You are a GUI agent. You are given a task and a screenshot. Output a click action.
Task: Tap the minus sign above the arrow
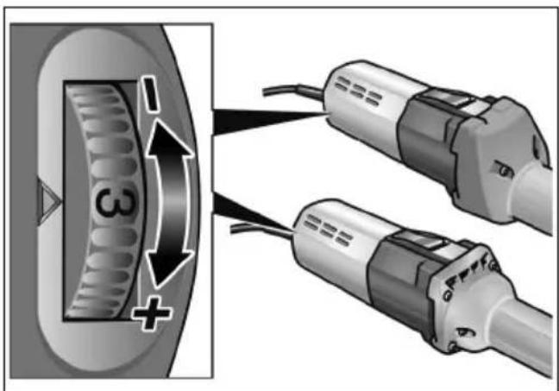click(x=150, y=94)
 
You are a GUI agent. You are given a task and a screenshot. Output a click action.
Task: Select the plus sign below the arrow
click(x=152, y=313)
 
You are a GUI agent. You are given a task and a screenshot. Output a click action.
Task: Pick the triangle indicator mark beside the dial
click(x=49, y=202)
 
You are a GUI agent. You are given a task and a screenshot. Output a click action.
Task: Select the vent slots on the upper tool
click(x=358, y=91)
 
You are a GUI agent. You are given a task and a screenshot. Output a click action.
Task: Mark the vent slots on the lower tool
click(x=329, y=230)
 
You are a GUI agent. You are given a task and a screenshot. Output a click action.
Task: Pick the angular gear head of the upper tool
click(x=499, y=157)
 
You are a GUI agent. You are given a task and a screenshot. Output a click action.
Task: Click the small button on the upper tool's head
click(x=504, y=170)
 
